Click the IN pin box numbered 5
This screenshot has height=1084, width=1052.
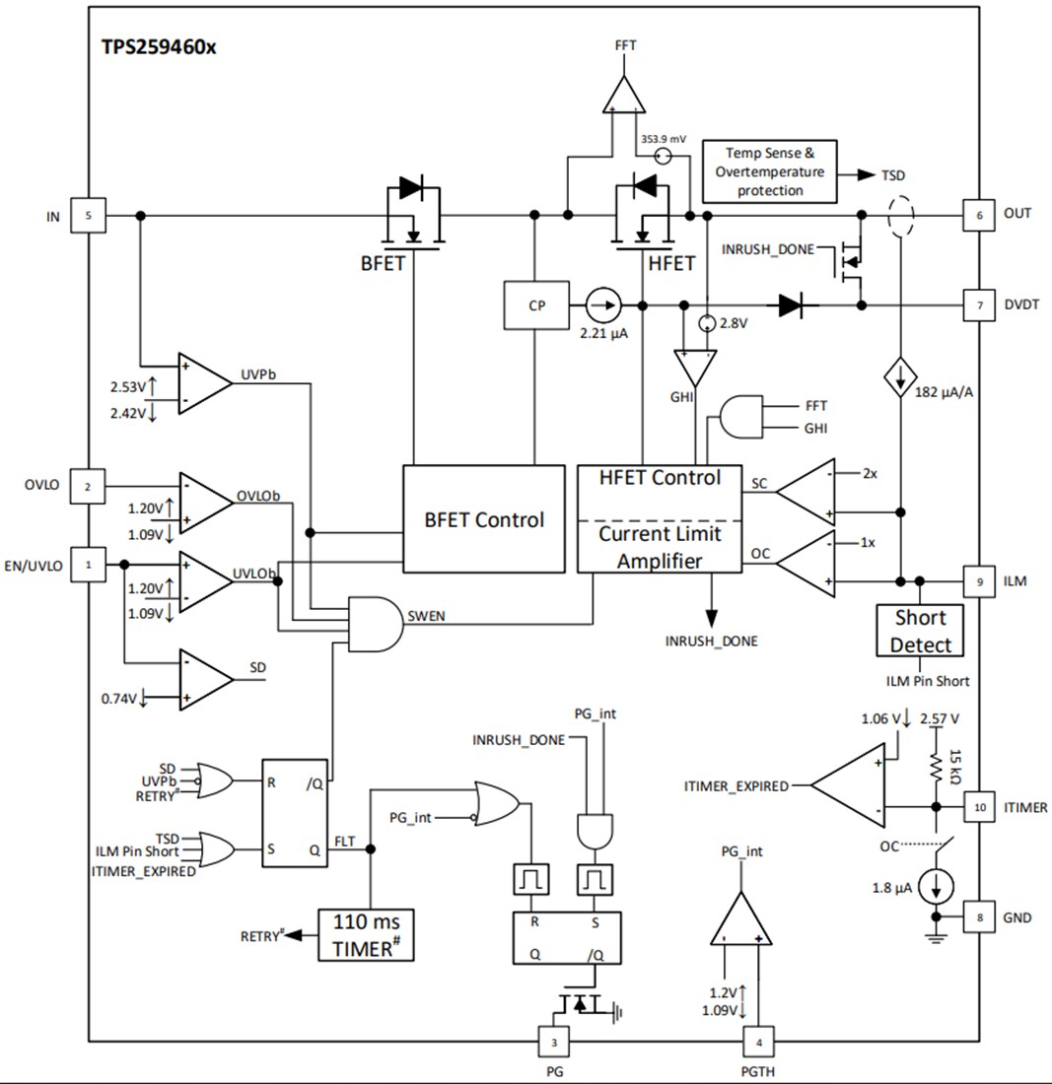(91, 215)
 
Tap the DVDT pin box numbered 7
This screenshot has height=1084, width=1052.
(979, 305)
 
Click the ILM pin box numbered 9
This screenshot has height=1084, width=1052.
(979, 581)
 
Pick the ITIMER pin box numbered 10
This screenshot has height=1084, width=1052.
(979, 807)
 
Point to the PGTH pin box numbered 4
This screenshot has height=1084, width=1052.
(757, 1041)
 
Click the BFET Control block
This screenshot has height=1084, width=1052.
(483, 519)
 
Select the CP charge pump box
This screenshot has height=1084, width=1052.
(536, 305)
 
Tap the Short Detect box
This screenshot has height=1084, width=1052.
(920, 631)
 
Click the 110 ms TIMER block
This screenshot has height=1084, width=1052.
(365, 935)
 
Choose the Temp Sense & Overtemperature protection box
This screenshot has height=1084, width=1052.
(769, 171)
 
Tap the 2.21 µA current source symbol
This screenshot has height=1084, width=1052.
(602, 305)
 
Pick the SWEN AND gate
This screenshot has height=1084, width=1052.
(375, 623)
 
